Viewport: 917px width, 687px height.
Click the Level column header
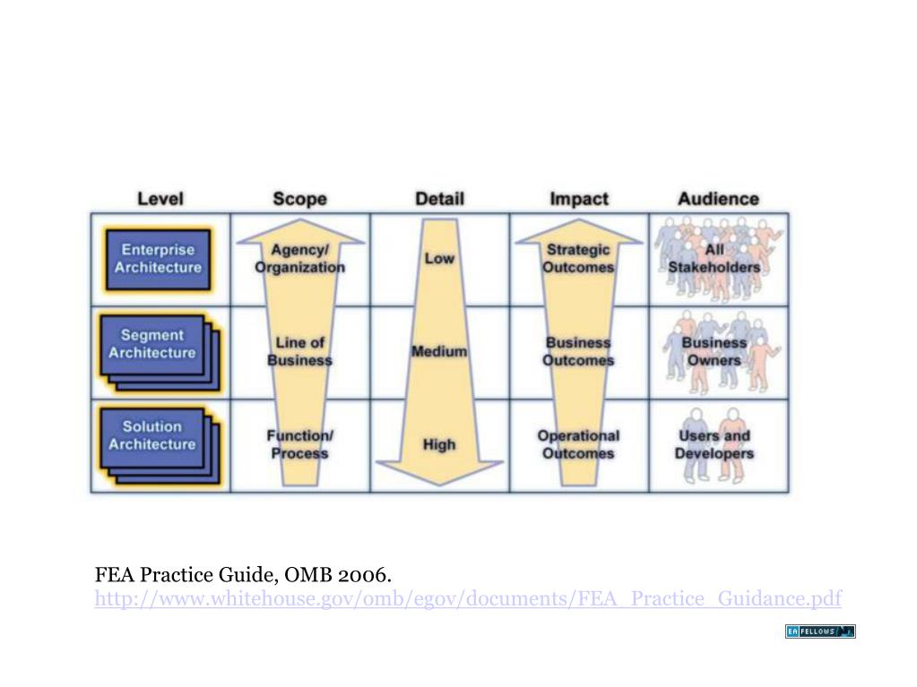160,198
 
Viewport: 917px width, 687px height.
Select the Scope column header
299,199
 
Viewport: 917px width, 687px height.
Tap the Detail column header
439,198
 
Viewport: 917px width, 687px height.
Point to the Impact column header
578,199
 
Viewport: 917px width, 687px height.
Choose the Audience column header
718,199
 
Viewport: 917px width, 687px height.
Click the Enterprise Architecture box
158,259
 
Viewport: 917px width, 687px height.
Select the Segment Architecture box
153,345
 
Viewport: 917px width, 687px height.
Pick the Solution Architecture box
153,436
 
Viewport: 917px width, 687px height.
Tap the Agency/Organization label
299,258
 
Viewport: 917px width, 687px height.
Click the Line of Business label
299,351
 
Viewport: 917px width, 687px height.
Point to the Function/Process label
299,444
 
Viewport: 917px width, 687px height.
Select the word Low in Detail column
439,258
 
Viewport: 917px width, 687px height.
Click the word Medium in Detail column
439,351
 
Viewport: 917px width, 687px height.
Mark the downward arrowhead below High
439,471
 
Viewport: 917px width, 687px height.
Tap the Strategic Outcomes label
578,258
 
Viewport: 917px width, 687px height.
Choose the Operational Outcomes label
578,444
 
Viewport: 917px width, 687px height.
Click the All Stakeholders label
714,258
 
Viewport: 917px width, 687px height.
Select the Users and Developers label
714,444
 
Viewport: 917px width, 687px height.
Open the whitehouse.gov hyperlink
468,598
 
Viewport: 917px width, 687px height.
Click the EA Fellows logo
820,631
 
